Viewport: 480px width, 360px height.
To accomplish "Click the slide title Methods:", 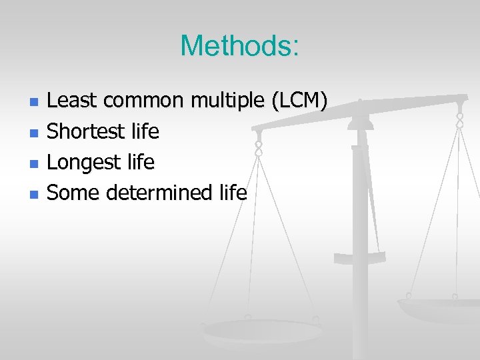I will coord(240,45).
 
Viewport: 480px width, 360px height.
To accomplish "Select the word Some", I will coord(74,193).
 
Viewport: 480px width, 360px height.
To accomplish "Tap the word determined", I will coord(160,193).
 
